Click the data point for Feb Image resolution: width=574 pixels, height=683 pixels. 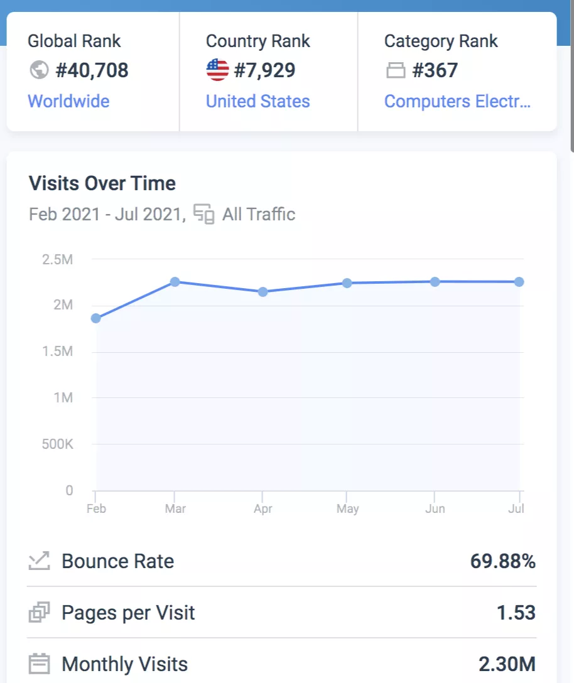point(96,318)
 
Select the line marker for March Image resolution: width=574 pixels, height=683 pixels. point(175,282)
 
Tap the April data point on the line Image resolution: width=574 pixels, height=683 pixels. point(263,292)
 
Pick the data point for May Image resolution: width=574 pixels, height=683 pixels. point(347,283)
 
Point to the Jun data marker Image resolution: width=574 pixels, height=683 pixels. point(435,282)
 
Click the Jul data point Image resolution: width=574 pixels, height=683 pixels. point(519,282)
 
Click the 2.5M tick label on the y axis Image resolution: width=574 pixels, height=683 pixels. point(58,259)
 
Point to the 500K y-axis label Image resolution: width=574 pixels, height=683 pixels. point(58,444)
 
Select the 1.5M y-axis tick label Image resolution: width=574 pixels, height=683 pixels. point(58,352)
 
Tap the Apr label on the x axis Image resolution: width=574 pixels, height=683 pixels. point(263,508)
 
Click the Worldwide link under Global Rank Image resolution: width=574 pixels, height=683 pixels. point(68,102)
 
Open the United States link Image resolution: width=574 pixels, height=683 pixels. point(257,102)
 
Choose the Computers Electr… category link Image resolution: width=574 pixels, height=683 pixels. point(457,102)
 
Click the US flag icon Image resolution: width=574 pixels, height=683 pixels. point(217,70)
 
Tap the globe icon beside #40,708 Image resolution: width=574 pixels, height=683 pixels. point(39,70)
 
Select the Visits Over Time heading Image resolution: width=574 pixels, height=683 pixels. point(102,184)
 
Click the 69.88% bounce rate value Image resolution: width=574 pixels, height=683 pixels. point(502,561)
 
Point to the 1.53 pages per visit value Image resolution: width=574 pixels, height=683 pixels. point(516,613)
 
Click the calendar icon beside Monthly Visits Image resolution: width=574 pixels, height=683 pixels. point(40,664)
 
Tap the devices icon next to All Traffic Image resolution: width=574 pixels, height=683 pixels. point(203,214)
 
